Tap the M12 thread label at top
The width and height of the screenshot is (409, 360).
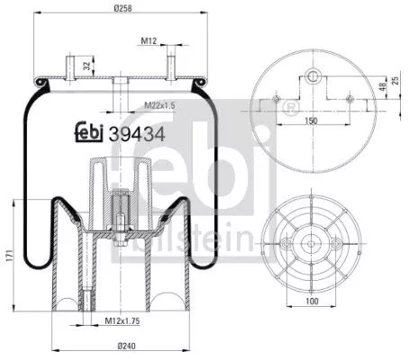point(150,40)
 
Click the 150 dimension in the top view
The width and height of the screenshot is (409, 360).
point(310,120)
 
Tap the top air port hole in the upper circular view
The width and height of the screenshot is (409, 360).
point(311,76)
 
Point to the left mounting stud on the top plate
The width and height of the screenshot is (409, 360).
point(70,67)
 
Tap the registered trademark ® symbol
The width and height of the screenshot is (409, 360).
point(289,108)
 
